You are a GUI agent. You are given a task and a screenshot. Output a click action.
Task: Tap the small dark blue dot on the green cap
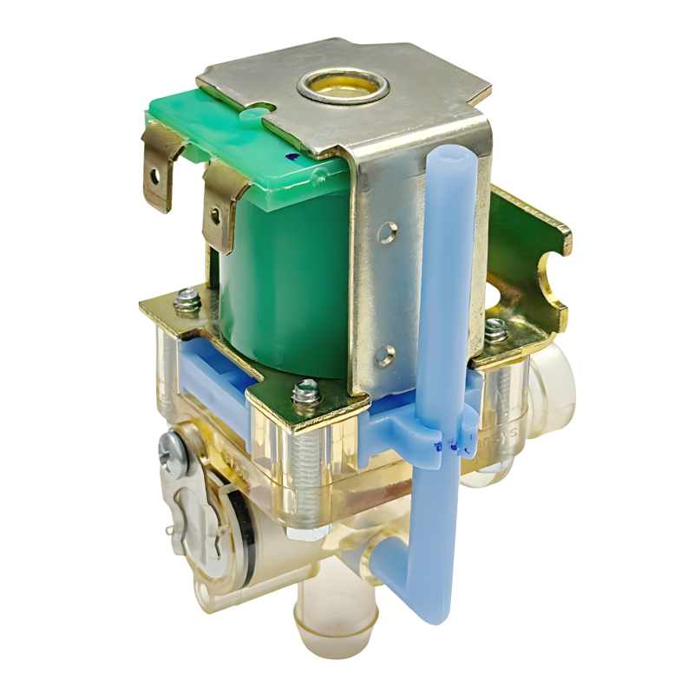click(x=289, y=156)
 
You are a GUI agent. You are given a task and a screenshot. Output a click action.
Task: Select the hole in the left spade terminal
click(x=155, y=174)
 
